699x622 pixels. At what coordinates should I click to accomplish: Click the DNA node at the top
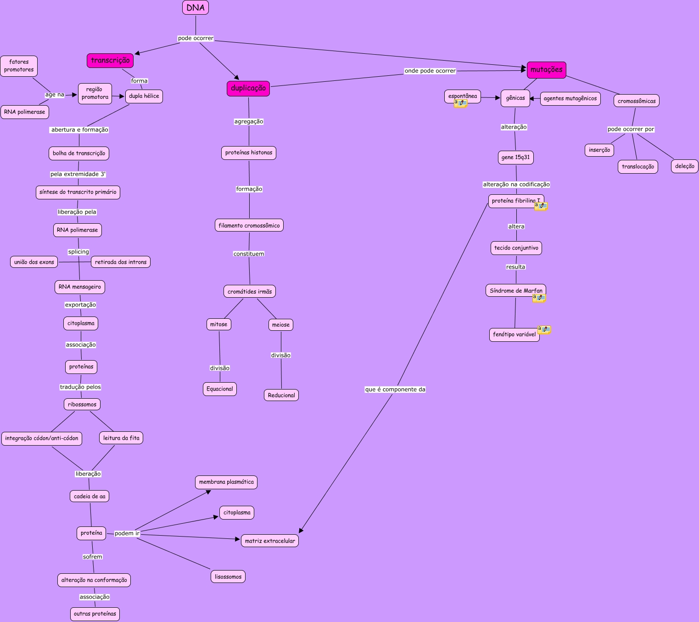(196, 7)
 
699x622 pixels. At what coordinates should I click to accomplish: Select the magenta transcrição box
(110, 60)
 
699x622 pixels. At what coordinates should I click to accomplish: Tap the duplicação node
(248, 88)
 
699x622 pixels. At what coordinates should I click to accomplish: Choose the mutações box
(546, 70)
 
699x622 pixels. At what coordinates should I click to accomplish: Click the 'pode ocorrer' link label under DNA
(196, 38)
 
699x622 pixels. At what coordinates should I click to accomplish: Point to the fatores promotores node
(19, 66)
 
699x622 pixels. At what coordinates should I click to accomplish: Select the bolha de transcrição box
(79, 153)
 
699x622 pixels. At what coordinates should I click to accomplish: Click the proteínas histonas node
(249, 153)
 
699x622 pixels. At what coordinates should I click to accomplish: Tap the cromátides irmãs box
(250, 291)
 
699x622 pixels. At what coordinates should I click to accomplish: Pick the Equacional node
(220, 389)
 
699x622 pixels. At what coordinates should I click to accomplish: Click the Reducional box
(281, 395)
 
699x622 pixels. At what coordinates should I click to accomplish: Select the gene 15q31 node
(515, 157)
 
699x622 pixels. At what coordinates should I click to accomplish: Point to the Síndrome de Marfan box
(516, 290)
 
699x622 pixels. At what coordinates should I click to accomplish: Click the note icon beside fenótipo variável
(544, 329)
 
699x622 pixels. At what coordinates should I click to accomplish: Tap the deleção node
(685, 166)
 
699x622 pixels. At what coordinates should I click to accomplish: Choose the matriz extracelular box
(270, 541)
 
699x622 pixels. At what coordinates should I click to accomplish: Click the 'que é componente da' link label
(395, 390)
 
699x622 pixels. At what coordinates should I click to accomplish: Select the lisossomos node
(228, 577)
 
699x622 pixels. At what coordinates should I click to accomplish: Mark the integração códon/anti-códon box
(42, 438)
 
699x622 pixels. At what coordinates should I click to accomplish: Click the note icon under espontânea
(460, 103)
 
